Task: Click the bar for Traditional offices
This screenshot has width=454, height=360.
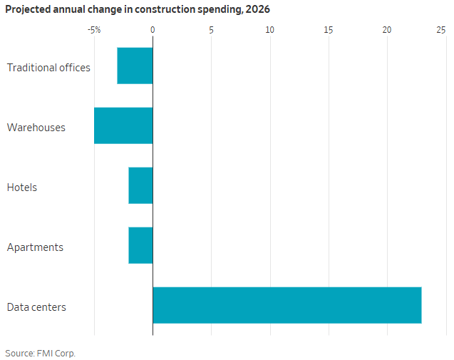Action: click(x=135, y=66)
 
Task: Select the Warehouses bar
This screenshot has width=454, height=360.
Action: click(x=123, y=125)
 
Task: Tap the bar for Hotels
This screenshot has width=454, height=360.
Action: click(x=140, y=185)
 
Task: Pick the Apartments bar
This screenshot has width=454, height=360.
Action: click(x=140, y=245)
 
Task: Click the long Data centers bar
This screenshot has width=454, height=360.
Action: click(x=287, y=305)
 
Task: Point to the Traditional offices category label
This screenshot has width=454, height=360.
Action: click(x=48, y=68)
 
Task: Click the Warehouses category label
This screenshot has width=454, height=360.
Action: click(x=36, y=128)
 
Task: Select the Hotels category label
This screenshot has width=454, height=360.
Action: click(x=22, y=187)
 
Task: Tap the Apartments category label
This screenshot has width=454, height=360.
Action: click(x=35, y=247)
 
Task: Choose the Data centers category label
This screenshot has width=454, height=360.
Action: click(x=36, y=307)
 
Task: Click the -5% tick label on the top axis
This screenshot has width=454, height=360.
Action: click(x=93, y=30)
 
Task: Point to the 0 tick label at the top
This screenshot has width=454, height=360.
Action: click(x=153, y=30)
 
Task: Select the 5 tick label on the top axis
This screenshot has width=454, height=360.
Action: click(x=211, y=30)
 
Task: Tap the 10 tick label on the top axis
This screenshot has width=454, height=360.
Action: click(x=269, y=30)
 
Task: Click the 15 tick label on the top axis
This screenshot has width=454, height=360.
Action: click(x=328, y=30)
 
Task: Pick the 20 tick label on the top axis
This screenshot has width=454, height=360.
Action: click(x=387, y=30)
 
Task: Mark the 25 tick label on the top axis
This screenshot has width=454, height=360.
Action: click(x=441, y=30)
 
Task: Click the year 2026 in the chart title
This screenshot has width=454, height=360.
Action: click(x=257, y=9)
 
